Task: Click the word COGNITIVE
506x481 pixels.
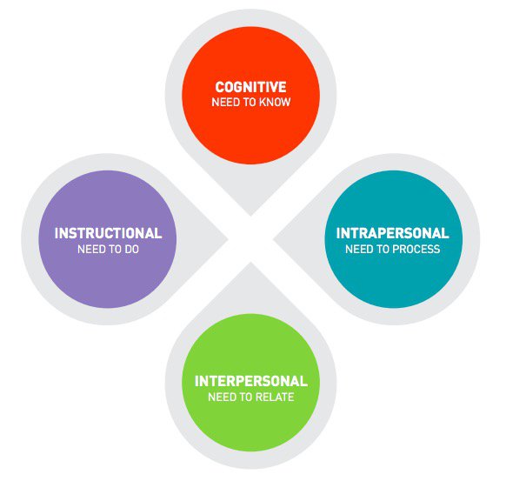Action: point(250,87)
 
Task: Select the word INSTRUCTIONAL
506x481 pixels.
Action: point(108,233)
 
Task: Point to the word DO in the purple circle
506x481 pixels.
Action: point(131,250)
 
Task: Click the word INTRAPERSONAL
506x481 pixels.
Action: point(392,233)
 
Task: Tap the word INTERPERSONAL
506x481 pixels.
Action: point(251,381)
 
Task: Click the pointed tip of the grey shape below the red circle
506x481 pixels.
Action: point(250,216)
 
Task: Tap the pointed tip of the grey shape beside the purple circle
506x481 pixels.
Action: point(228,239)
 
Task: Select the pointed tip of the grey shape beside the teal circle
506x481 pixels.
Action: point(273,239)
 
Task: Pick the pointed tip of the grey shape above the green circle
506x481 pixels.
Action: point(250,263)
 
